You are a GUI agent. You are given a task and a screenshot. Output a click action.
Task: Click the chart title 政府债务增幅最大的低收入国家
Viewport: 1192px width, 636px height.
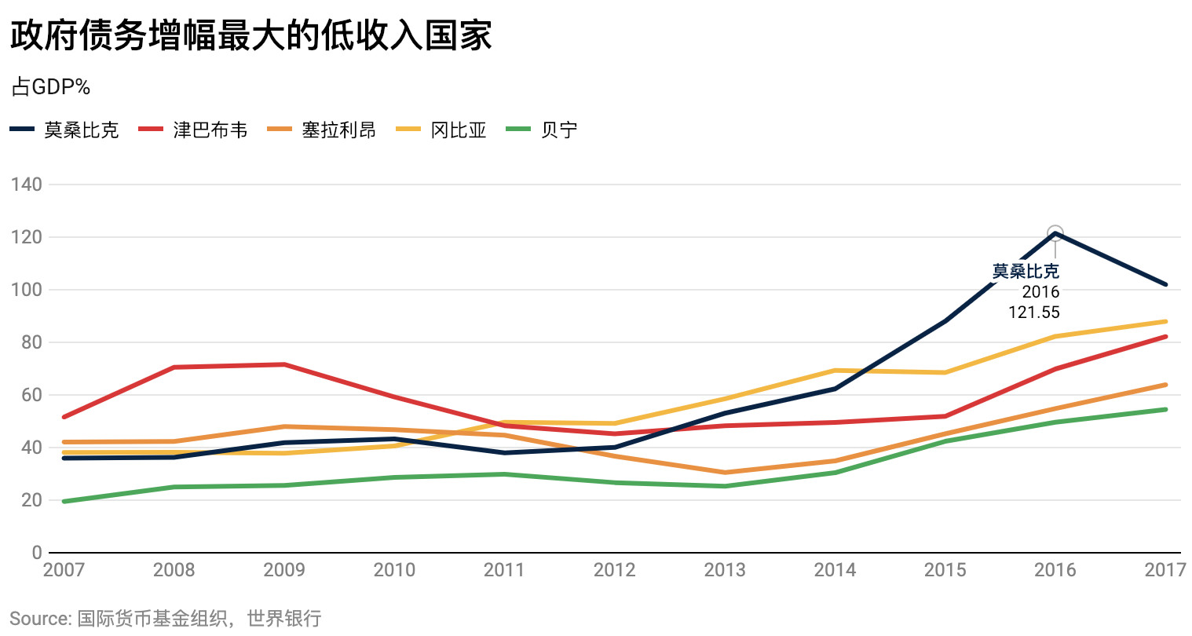coord(251,35)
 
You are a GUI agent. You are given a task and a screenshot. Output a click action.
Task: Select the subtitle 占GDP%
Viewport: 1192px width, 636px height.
coord(51,87)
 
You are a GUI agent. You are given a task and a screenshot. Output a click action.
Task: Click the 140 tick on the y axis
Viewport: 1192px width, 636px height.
coord(27,185)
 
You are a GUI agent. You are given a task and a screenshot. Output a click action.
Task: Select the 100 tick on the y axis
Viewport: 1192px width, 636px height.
coord(27,290)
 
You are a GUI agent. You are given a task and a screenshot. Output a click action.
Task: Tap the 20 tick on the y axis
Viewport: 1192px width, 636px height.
coord(31,500)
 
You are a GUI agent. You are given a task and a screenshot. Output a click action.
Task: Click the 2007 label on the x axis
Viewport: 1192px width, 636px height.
coord(64,569)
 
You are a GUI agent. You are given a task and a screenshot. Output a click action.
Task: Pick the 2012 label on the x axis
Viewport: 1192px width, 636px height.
coord(614,569)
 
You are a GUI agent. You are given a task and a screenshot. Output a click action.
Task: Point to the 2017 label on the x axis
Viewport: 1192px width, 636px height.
coord(1165,569)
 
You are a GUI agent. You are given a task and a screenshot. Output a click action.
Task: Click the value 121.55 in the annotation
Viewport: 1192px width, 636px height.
coord(1034,313)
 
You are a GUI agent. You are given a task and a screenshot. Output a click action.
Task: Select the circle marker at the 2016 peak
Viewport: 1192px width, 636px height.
coord(1055,233)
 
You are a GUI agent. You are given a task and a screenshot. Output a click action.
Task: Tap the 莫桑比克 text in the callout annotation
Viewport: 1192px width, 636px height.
coord(1026,271)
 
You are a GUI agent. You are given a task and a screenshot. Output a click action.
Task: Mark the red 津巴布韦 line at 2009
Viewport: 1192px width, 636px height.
coord(284,364)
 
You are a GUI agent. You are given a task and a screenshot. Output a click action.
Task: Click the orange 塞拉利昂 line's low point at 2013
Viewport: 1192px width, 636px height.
coord(725,473)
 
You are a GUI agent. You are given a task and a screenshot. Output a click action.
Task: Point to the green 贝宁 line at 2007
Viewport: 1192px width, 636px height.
coord(64,501)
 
